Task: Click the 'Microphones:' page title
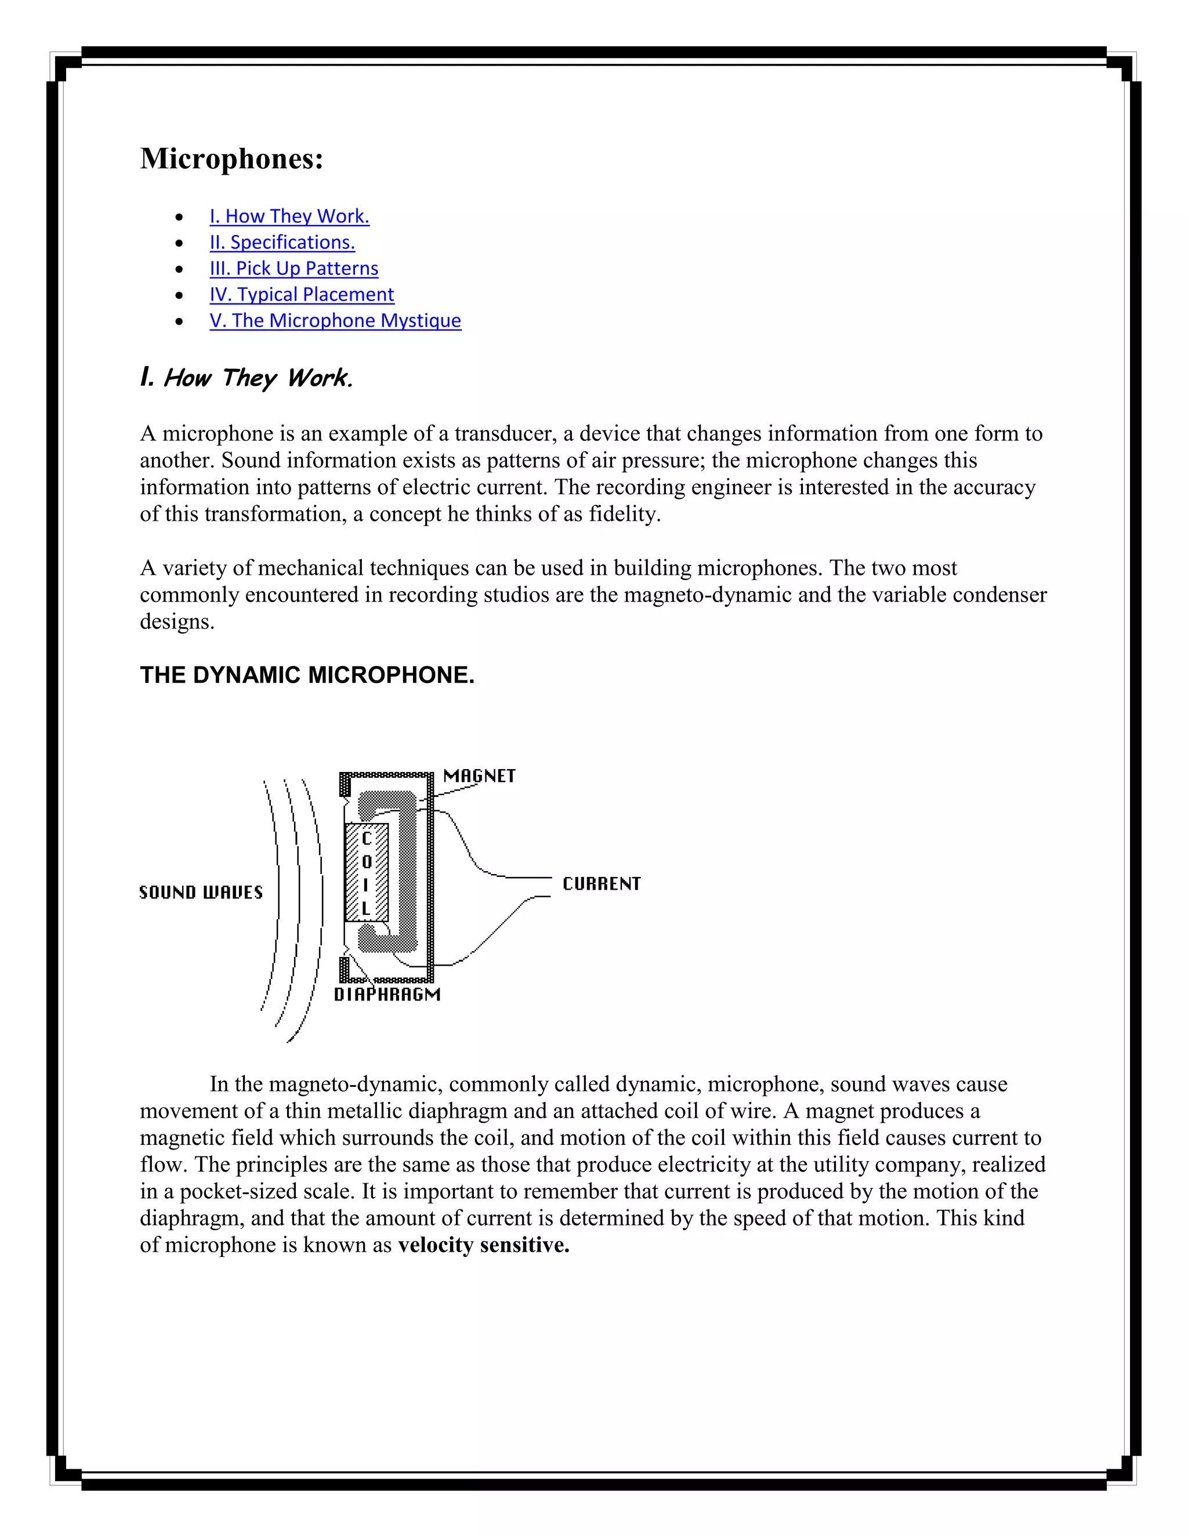pyautogui.click(x=231, y=159)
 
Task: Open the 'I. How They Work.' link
pyautogui.click(x=289, y=216)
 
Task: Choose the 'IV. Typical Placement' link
pyautogui.click(x=301, y=294)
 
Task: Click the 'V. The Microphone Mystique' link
pyautogui.click(x=335, y=320)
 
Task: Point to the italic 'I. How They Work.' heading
pyautogui.click(x=247, y=378)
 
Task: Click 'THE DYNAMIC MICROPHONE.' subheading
pyautogui.click(x=307, y=675)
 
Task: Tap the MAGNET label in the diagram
pyautogui.click(x=479, y=775)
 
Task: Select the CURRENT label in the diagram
pyautogui.click(x=601, y=883)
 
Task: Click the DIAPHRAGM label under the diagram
pyautogui.click(x=387, y=994)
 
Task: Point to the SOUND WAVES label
pyautogui.click(x=201, y=893)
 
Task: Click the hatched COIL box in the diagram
pyautogui.click(x=366, y=873)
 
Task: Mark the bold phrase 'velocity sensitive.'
pyautogui.click(x=484, y=1245)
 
